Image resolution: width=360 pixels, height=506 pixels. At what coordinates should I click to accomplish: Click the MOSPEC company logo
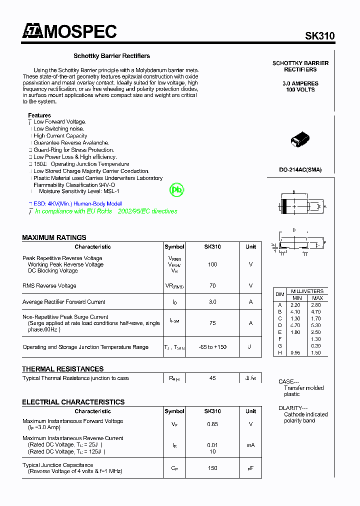click(x=69, y=31)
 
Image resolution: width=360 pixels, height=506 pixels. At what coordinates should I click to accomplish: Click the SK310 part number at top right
click(x=320, y=36)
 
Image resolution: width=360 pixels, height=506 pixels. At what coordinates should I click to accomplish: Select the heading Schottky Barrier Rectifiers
click(x=111, y=56)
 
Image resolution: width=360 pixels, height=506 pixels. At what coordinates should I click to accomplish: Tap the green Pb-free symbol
click(x=177, y=190)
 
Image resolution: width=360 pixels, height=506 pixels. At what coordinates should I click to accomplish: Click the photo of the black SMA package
click(x=300, y=140)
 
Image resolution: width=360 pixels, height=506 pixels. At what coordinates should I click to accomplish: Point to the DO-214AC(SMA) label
click(x=300, y=169)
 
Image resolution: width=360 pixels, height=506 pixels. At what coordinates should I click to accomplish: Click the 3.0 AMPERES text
click(x=300, y=83)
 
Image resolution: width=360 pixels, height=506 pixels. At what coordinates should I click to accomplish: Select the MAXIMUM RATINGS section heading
click(x=54, y=237)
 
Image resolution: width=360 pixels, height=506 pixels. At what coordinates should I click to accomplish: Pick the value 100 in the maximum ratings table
click(x=212, y=264)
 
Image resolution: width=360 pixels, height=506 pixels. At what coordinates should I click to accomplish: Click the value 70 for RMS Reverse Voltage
click(x=212, y=286)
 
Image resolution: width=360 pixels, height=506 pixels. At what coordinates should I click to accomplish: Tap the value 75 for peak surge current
click(x=212, y=323)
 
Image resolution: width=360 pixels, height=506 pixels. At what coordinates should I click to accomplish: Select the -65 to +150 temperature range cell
click(x=212, y=347)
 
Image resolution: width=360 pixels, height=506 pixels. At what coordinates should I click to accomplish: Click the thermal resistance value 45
click(x=212, y=378)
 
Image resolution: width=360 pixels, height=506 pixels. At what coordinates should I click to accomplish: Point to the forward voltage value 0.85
click(x=212, y=424)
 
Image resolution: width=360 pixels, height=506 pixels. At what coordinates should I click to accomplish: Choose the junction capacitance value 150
click(x=212, y=468)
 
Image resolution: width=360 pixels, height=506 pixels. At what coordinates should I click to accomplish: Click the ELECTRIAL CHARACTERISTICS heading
click(x=73, y=402)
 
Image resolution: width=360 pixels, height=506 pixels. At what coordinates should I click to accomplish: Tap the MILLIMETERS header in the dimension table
click(x=307, y=291)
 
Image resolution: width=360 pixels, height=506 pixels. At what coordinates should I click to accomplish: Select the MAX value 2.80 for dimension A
click(x=316, y=305)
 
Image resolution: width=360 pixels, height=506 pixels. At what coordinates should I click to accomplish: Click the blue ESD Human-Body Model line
click(x=77, y=204)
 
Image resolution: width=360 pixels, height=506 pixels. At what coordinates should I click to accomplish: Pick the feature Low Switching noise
click(x=58, y=129)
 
